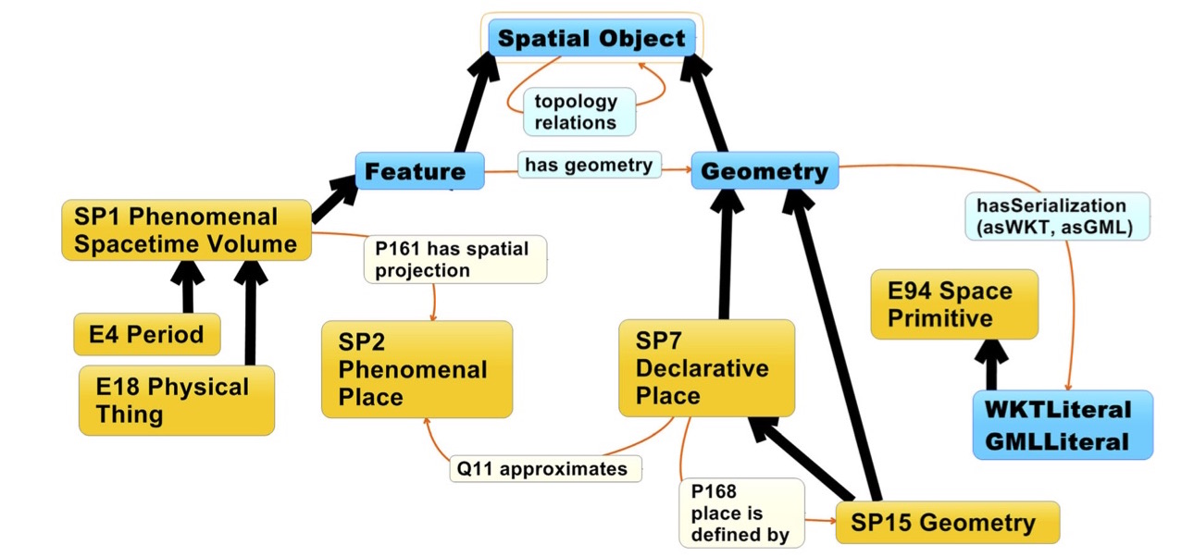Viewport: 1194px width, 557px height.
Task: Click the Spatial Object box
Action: (x=591, y=39)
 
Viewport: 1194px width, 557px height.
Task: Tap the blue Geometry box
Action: (x=765, y=171)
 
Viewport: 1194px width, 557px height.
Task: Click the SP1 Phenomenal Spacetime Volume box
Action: (x=187, y=230)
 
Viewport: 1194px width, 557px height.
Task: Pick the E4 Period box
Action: (x=146, y=334)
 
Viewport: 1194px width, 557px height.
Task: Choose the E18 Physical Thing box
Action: (x=176, y=400)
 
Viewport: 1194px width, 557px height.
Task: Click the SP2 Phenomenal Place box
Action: (x=416, y=369)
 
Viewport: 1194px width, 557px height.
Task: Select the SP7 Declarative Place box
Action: (x=705, y=367)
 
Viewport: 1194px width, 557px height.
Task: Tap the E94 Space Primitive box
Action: (x=953, y=304)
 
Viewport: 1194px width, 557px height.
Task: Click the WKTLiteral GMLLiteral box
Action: (x=1062, y=425)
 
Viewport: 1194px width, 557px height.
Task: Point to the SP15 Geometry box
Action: (x=946, y=523)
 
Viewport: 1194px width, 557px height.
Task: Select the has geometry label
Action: (x=589, y=165)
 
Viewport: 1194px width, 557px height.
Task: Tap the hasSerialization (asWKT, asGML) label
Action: (x=1056, y=217)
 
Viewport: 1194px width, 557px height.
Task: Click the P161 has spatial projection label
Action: (x=454, y=259)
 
